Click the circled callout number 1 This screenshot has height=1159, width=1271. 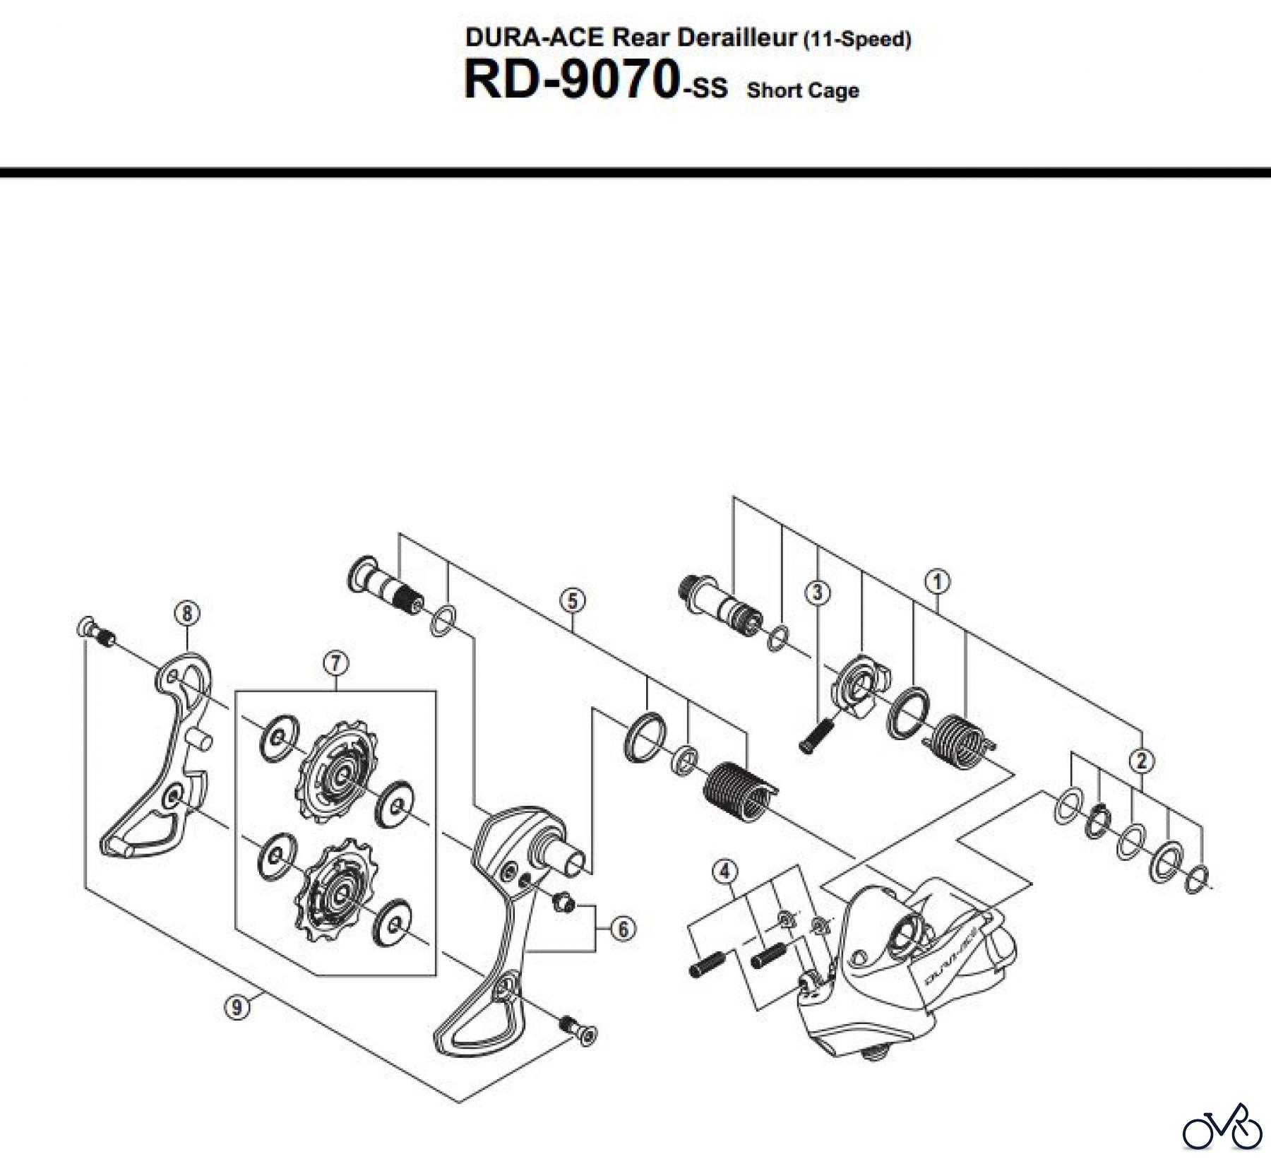[937, 582]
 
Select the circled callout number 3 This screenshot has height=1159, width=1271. [818, 592]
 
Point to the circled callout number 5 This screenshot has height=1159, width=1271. [572, 601]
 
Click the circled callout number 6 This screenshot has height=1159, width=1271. [623, 929]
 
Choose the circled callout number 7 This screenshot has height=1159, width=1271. [335, 663]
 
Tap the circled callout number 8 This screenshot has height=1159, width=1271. [186, 613]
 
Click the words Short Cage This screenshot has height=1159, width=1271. [803, 90]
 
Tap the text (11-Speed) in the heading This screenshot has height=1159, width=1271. [857, 40]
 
